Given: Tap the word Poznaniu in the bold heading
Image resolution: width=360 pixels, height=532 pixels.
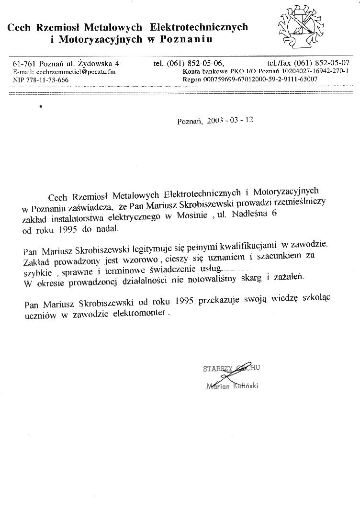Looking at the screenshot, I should click(x=186, y=39).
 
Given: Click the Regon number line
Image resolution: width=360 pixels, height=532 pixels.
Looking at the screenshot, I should click(x=250, y=79).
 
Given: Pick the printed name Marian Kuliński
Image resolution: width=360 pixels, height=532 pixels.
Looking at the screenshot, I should click(x=232, y=386).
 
